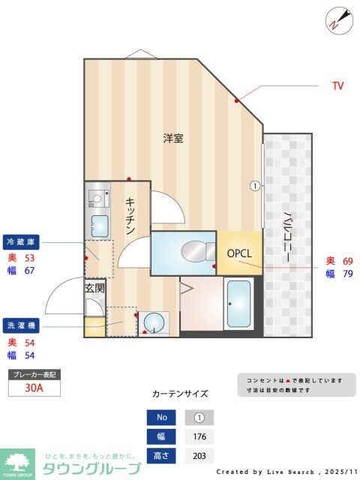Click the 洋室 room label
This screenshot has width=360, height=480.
pyautogui.click(x=174, y=138)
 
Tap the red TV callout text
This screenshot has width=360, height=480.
pyautogui.click(x=337, y=86)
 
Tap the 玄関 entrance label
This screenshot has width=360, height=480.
pyautogui.click(x=94, y=287)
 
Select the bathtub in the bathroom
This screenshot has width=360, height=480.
pyautogui.click(x=239, y=304)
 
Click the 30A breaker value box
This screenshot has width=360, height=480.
pyautogui.click(x=34, y=388)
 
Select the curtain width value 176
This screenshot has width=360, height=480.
pyautogui.click(x=199, y=437)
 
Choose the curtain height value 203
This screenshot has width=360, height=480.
pyautogui.click(x=199, y=456)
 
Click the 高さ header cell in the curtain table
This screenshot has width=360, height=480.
pyautogui.click(x=162, y=456)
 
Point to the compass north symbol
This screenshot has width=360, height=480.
pyautogui.click(x=339, y=19)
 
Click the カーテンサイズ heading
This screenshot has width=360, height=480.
pyautogui.click(x=180, y=394)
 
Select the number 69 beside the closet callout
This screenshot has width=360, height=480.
pyautogui.click(x=347, y=260)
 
